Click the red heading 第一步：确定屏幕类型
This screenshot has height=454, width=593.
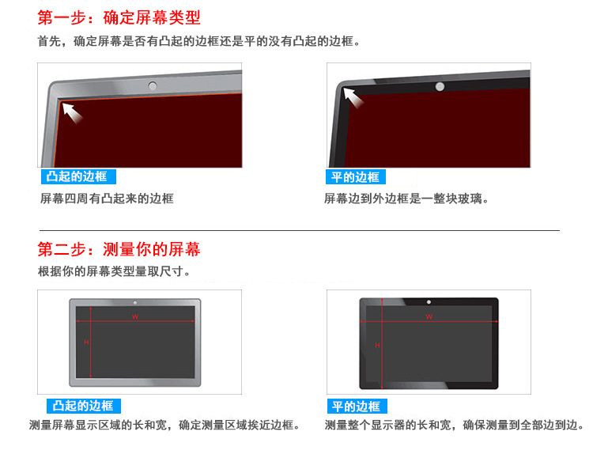tap(119, 17)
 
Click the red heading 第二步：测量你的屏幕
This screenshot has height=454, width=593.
tap(119, 250)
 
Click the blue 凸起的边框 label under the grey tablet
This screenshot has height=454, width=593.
tap(83, 406)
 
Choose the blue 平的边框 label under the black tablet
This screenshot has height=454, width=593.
tap(355, 406)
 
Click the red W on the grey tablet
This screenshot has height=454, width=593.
tap(135, 316)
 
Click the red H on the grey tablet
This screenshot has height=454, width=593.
tap(85, 342)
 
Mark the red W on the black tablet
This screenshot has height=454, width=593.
tap(429, 316)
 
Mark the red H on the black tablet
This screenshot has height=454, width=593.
tap(377, 346)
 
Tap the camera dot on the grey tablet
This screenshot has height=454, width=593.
tap(135, 303)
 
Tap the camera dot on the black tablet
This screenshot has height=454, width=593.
tap(429, 302)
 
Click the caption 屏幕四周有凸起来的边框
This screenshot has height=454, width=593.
tap(106, 199)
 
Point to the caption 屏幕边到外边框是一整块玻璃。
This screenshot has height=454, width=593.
tap(406, 199)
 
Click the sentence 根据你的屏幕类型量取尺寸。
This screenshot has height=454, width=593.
tap(114, 271)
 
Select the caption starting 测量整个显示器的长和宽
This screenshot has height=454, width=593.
tap(454, 426)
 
